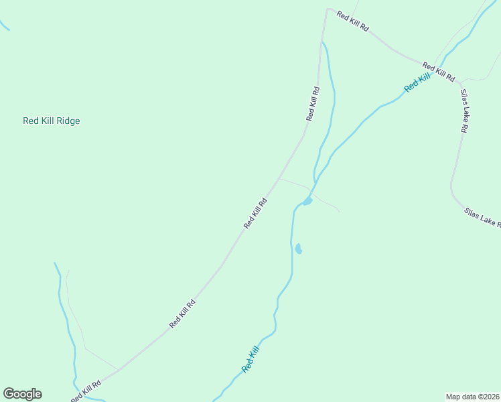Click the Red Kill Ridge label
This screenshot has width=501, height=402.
tap(52, 121)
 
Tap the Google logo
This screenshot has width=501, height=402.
tap(22, 394)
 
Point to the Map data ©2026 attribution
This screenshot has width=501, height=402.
tap(472, 396)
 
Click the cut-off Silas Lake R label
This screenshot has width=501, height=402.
tap(482, 218)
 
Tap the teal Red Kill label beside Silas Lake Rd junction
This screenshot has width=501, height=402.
tap(417, 83)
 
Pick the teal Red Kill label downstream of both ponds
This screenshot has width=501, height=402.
tap(250, 358)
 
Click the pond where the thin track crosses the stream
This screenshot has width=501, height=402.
tap(307, 201)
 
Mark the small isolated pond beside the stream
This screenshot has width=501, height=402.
tap(298, 249)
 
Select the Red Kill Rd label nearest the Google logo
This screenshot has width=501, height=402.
tap(86, 391)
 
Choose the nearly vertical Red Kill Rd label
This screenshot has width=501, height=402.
tap(313, 104)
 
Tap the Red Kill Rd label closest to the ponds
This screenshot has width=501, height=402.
tap(256, 213)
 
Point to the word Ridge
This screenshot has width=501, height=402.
tap(68, 121)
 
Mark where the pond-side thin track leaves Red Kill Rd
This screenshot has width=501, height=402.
tap(280, 178)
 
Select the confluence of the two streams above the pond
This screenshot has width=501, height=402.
tap(316, 180)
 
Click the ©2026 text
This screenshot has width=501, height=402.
tap(487, 396)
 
